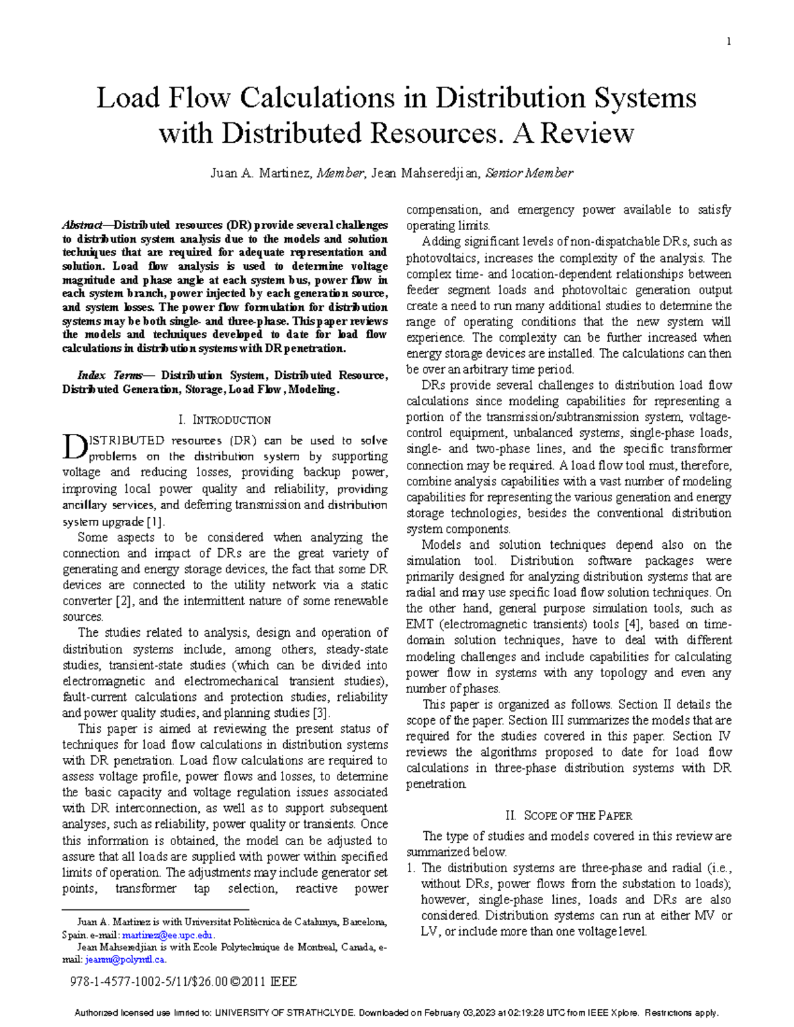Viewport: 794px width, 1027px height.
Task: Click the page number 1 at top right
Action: (728, 42)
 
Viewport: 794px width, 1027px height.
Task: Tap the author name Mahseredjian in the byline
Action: (438, 173)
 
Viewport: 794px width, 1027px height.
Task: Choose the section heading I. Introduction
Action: (225, 420)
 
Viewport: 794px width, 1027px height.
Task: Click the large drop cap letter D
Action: (73, 447)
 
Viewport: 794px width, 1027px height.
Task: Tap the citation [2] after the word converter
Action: (124, 601)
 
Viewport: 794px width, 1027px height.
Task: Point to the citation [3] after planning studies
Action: (320, 713)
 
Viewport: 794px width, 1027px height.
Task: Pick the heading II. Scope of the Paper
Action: (568, 816)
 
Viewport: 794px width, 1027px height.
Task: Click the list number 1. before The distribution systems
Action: (410, 868)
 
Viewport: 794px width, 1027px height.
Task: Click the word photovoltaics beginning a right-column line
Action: (436, 258)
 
